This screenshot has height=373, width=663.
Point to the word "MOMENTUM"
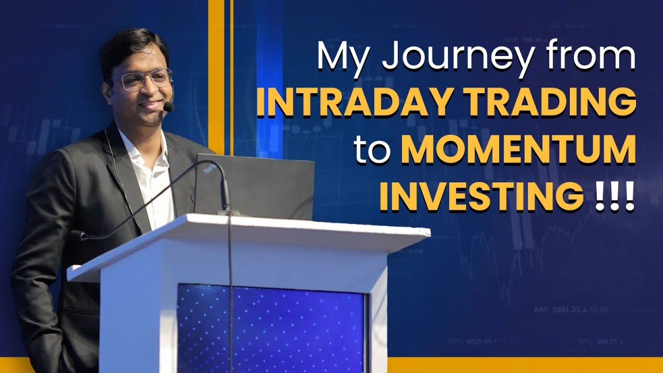tap(518, 150)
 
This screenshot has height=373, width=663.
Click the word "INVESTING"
tap(480, 197)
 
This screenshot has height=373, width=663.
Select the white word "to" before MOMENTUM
tap(371, 150)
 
